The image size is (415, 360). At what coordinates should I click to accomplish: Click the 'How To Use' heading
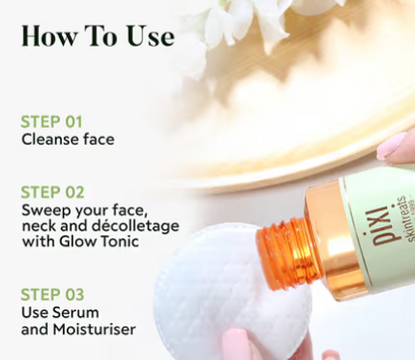[x=98, y=37]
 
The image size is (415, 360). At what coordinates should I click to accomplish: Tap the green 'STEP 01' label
[x=52, y=122]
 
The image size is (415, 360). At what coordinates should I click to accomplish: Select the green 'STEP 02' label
[x=53, y=192]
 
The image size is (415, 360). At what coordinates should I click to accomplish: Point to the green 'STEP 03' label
[x=53, y=294]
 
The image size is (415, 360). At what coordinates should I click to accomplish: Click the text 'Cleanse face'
[x=68, y=140]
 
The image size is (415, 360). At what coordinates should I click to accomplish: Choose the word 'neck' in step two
[x=39, y=226]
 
